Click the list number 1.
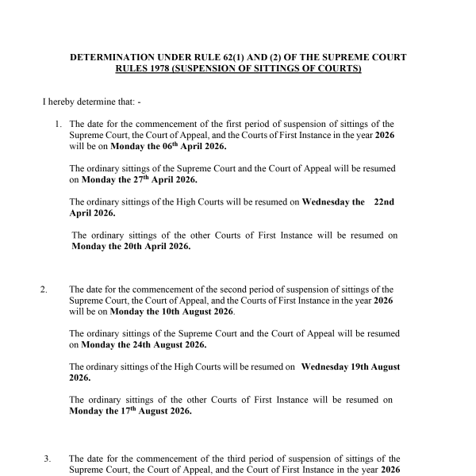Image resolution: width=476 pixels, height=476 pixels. coord(59,125)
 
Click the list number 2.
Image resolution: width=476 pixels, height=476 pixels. coord(44,290)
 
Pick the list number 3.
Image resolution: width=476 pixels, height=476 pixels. coord(47,459)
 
